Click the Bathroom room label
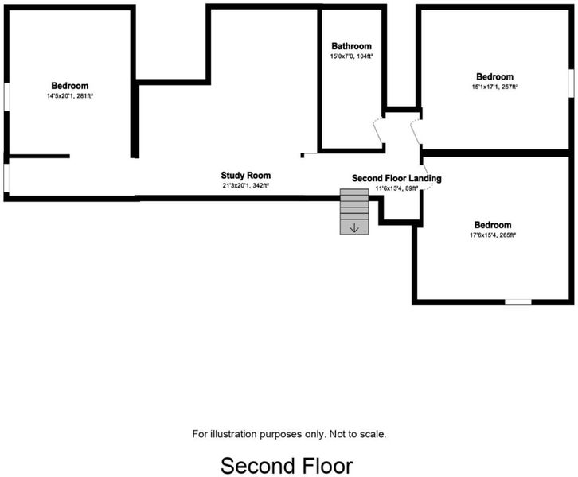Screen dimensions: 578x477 [x=351, y=46]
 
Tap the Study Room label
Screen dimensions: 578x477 [x=246, y=176]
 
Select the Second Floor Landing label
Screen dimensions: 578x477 [x=396, y=179]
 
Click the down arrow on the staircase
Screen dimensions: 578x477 [x=354, y=228]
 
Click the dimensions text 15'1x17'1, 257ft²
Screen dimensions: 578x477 [x=494, y=87]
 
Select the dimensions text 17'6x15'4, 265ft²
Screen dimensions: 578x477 [x=493, y=235]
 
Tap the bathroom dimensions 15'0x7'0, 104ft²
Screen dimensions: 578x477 [x=351, y=56]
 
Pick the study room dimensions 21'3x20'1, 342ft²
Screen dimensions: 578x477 [x=245, y=186]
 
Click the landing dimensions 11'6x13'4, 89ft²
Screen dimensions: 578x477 [x=396, y=188]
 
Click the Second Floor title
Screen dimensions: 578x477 [x=287, y=466]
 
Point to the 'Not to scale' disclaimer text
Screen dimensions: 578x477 [x=357, y=434]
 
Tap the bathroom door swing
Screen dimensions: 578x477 [x=379, y=131]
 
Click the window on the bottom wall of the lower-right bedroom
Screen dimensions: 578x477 [x=518, y=302]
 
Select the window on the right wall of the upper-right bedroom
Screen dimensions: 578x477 [x=571, y=83]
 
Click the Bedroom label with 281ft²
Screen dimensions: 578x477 [x=70, y=86]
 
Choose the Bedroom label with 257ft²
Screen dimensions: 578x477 [x=494, y=76]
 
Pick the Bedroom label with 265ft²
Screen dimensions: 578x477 [x=493, y=225]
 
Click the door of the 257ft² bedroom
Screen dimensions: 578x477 [x=416, y=133]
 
